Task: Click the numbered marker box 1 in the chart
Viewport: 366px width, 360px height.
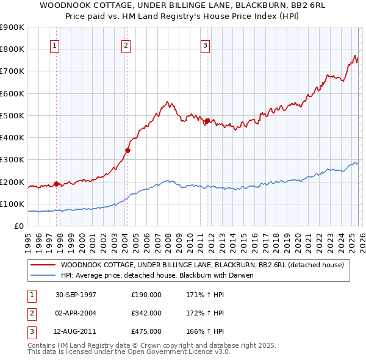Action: point(55,45)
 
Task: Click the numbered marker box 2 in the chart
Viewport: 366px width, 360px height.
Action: point(126,45)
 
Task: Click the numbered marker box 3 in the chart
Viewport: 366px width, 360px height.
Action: point(206,45)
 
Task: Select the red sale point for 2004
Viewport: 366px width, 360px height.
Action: point(128,150)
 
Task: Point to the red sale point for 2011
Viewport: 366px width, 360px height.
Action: point(207,121)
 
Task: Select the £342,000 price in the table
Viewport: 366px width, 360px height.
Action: point(146,313)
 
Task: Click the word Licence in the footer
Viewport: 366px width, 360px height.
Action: point(171,352)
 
